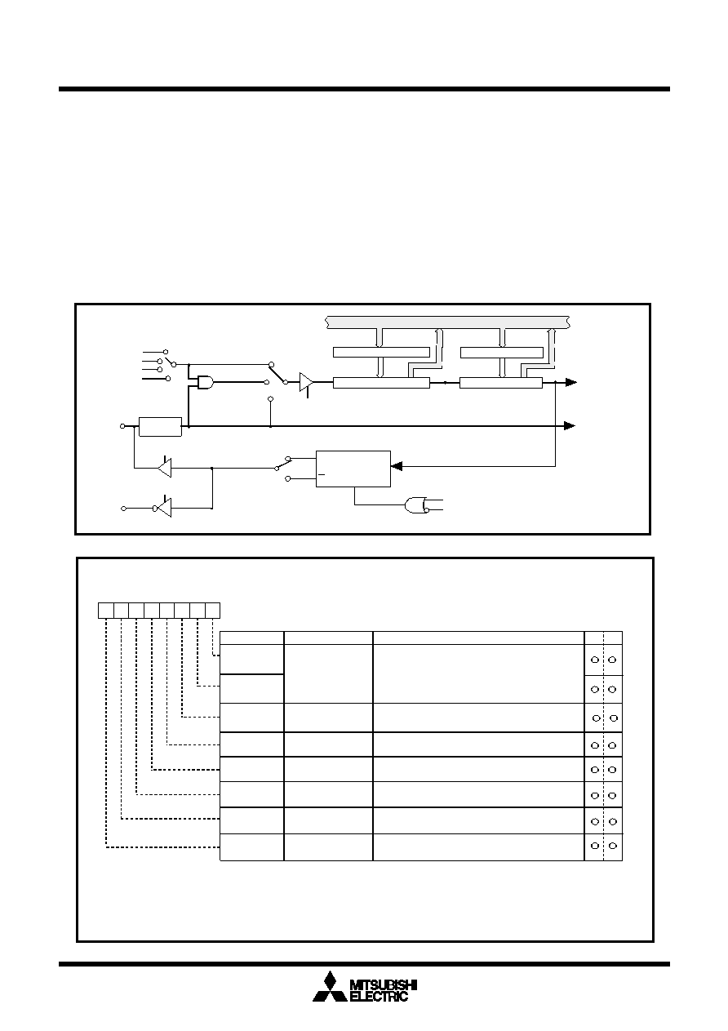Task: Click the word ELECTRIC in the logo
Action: coord(379,996)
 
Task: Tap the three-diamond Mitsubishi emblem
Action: coord(330,986)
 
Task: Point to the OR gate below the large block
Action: coord(416,505)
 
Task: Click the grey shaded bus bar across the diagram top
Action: coord(447,322)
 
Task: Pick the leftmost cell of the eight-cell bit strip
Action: coord(106,611)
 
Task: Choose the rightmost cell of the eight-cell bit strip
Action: coord(212,611)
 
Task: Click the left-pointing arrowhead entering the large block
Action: coord(396,466)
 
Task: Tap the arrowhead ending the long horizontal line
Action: coord(570,426)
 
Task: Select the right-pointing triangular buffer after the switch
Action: coord(306,382)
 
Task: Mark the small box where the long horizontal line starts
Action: coord(160,427)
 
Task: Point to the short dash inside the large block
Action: coord(322,474)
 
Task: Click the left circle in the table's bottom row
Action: coord(594,846)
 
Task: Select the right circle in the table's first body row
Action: coord(612,660)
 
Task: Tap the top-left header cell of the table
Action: coord(251,638)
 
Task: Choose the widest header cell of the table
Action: coord(478,638)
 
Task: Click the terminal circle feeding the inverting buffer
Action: coord(123,509)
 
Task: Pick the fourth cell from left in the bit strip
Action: coord(152,611)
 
